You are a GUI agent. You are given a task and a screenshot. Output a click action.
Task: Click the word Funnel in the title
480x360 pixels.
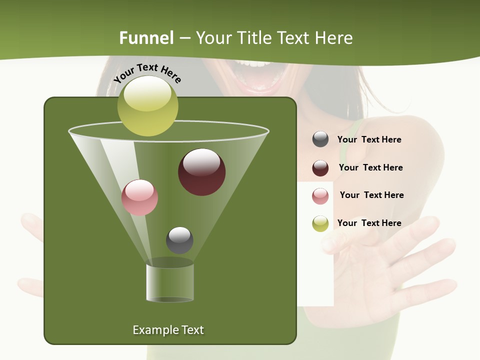click(x=146, y=38)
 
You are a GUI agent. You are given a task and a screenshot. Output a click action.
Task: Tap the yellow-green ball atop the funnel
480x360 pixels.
click(x=147, y=106)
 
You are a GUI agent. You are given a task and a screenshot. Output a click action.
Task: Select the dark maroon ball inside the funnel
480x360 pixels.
click(x=202, y=172)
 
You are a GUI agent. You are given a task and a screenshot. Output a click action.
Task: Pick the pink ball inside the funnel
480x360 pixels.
click(x=140, y=197)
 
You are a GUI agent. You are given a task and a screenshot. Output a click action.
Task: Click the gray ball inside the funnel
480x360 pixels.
click(x=179, y=240)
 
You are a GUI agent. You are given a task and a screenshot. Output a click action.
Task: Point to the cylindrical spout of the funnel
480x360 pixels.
click(x=170, y=282)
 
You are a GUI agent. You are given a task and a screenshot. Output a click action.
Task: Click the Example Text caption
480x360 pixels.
click(x=168, y=330)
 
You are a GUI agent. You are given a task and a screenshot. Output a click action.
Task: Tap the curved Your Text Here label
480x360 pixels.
click(x=147, y=73)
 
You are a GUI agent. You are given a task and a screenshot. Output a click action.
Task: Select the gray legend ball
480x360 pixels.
click(x=320, y=139)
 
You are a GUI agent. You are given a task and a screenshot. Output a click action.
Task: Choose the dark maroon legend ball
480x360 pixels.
click(x=320, y=167)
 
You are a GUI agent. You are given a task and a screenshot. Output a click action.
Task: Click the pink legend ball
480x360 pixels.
click(x=320, y=195)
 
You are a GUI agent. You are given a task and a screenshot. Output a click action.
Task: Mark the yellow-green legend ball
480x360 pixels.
click(x=320, y=223)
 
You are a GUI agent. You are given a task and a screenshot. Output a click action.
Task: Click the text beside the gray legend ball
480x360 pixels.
click(x=369, y=139)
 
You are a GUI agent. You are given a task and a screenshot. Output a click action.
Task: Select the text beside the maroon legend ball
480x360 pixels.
click(x=370, y=167)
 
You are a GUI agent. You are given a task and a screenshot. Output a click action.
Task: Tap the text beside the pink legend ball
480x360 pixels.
click(x=371, y=195)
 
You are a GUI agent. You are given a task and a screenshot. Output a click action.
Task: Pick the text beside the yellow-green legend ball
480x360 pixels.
click(x=369, y=223)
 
